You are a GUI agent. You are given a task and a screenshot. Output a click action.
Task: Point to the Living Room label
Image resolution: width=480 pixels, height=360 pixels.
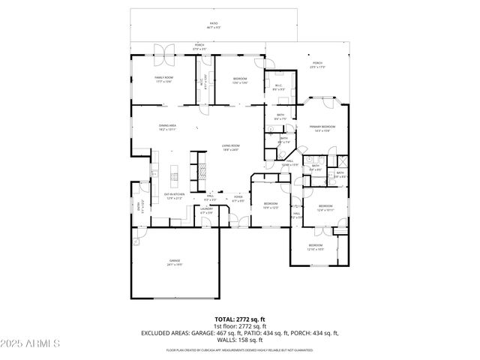pos(230,148)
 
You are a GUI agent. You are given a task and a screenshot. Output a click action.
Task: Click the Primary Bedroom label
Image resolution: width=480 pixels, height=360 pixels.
pos(322,128)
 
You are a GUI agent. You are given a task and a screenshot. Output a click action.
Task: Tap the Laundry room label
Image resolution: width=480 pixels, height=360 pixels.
pos(206,211)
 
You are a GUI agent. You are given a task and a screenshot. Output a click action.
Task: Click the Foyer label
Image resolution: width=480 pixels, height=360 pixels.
pos(238,200)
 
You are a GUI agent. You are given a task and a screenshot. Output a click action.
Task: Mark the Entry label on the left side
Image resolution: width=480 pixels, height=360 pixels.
pos(139,206)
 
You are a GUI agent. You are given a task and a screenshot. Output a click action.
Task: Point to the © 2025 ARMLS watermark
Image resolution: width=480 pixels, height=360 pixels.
pos(31,343)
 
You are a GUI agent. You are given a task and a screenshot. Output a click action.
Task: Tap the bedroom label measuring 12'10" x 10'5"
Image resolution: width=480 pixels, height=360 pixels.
pos(316,247)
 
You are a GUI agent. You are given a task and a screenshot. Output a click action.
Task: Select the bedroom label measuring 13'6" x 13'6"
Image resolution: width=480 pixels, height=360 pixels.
pos(239,79)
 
